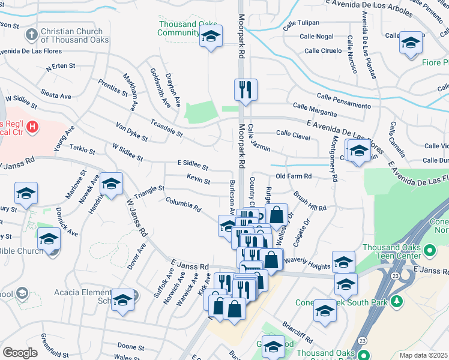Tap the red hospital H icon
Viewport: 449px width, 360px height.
[x=34, y=127]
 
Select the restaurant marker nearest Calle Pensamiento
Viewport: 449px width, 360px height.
[x=246, y=90]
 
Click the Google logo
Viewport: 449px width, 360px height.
[x=20, y=353]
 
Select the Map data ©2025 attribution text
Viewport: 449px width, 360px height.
[x=424, y=355]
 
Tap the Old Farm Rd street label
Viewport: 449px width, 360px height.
[x=294, y=176]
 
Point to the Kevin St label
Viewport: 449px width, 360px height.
[x=198, y=179]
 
